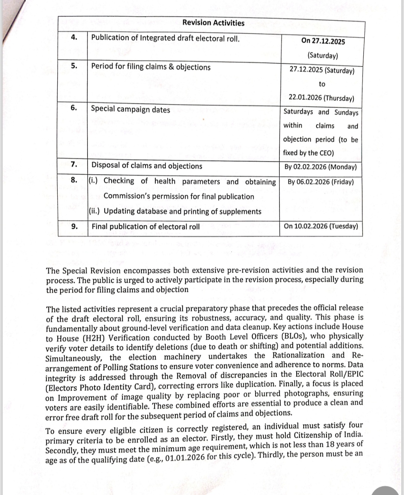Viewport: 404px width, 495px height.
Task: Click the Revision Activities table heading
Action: [x=213, y=23]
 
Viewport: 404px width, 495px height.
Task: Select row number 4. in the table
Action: [x=74, y=37]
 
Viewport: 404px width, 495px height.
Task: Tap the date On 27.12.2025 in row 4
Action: [x=323, y=41]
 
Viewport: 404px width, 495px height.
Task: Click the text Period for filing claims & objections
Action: [x=151, y=67]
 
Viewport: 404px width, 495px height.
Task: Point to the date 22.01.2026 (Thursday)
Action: [x=321, y=98]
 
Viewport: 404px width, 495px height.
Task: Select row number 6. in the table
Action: [x=74, y=108]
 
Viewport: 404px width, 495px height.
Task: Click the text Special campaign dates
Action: [x=131, y=109]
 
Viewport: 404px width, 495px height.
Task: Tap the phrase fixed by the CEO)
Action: [x=308, y=153]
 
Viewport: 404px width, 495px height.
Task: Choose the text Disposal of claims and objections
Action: [x=147, y=166]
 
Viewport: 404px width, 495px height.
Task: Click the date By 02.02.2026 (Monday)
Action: [x=321, y=167]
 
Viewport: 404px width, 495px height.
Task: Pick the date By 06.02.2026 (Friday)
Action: [x=321, y=182]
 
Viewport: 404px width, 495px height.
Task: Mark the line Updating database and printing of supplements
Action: [x=182, y=211]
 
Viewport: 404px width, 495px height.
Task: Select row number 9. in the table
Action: [x=74, y=226]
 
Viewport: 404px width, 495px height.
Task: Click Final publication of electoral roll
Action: [x=146, y=227]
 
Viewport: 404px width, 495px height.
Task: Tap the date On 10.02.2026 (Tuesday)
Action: [x=321, y=226]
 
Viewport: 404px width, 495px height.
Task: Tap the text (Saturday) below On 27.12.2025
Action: [x=322, y=56]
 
